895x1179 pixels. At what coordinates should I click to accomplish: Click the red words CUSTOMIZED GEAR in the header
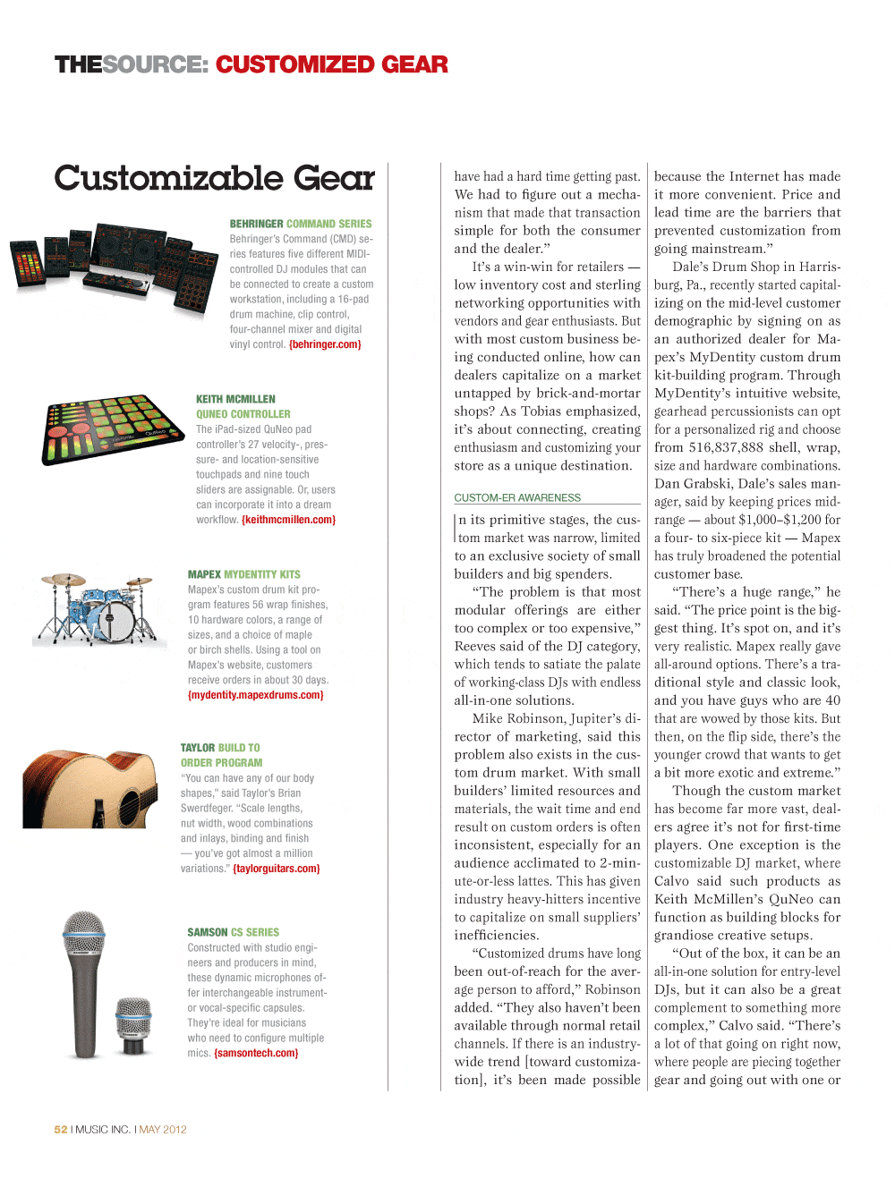(x=331, y=65)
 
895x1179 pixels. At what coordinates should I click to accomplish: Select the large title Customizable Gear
(x=214, y=178)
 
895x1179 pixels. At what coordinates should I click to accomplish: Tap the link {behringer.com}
(x=325, y=344)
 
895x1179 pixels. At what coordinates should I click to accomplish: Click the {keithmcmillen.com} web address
(x=288, y=520)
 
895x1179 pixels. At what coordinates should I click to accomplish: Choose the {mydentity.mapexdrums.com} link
(x=255, y=695)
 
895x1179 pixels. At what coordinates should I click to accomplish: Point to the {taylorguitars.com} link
(x=276, y=869)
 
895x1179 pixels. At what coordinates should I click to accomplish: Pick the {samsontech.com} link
(x=256, y=1053)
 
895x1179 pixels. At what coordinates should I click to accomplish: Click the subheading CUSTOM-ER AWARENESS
(x=517, y=498)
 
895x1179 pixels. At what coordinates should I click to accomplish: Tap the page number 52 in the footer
(x=61, y=1130)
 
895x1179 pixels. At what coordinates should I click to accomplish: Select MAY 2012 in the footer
(x=163, y=1130)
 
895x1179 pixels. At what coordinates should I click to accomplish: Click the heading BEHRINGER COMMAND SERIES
(x=300, y=224)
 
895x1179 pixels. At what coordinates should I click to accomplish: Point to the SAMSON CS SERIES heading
(x=233, y=932)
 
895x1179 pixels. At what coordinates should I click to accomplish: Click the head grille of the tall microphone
(x=83, y=935)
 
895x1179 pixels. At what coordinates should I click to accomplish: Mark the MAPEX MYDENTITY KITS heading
(x=243, y=574)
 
